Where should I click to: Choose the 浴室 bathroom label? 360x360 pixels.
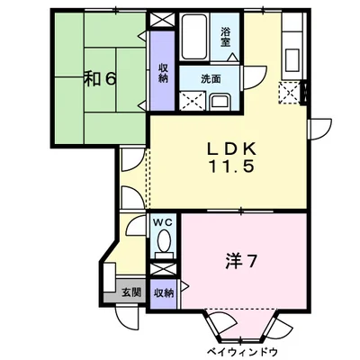tap(227, 35)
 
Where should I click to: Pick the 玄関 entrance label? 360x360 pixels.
tap(130, 291)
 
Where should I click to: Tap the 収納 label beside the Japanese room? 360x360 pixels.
tap(162, 73)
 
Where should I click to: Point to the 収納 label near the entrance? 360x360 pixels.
tap(162, 292)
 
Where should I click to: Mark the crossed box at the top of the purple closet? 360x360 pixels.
tap(162, 20)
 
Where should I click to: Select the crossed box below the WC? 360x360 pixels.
tap(162, 266)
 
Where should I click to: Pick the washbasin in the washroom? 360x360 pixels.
tap(220, 99)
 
